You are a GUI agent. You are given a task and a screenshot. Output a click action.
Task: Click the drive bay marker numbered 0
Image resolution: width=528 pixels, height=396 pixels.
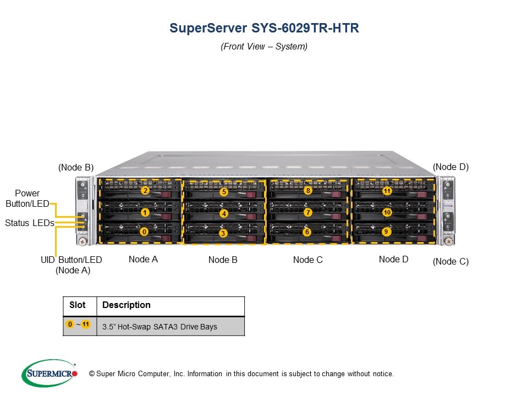[x=144, y=232]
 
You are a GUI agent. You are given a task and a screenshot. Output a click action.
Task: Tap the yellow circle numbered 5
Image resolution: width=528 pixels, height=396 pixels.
[x=223, y=192]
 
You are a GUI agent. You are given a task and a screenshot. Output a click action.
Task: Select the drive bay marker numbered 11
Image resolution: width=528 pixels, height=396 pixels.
[x=387, y=191]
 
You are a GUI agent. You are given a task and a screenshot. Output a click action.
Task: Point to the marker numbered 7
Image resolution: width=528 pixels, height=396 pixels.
[x=308, y=212]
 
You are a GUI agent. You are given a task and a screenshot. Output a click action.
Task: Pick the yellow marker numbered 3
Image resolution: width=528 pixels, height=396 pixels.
[x=223, y=233]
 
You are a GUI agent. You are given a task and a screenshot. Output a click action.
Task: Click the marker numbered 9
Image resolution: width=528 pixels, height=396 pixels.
[x=386, y=232]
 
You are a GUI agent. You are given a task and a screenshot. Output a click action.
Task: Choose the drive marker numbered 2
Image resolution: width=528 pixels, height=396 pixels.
[x=145, y=191]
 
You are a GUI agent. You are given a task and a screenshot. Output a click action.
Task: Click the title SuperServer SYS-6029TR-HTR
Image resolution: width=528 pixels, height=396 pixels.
[x=264, y=28]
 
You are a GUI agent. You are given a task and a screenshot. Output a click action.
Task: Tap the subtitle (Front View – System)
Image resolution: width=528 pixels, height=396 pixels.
[x=264, y=47]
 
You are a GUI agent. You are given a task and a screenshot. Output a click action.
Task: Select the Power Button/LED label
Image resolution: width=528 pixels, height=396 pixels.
[x=27, y=199]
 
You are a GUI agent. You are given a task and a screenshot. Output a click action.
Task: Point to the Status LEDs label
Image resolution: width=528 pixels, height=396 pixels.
[x=29, y=223]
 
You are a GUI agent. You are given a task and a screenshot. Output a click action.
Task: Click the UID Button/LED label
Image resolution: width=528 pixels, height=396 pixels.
[x=71, y=260]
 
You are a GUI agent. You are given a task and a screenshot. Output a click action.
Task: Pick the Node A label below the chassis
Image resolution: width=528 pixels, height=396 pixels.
[x=143, y=259]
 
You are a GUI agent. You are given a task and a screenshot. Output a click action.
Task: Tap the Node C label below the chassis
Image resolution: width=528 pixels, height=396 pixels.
[x=308, y=260]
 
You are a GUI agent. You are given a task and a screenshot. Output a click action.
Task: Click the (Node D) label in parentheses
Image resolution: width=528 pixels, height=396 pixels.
[x=450, y=167]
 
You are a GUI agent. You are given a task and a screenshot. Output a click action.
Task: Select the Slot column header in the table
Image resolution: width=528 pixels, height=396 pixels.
[x=78, y=305]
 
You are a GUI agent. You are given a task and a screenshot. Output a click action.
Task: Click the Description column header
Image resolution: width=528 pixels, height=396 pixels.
[x=126, y=305]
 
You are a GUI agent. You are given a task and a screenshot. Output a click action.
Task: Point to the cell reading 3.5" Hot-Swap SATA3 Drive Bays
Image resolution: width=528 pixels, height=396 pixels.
[x=159, y=327]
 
